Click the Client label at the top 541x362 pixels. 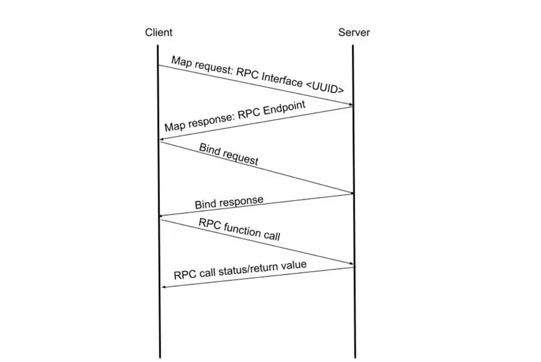[x=159, y=32]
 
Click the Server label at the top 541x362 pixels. [x=354, y=32]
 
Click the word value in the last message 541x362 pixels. [x=294, y=265]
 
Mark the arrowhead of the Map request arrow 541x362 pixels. [x=350, y=105]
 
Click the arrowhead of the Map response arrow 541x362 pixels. [x=163, y=139]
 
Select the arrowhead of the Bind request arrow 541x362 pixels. [x=350, y=193]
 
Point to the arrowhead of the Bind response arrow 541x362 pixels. [x=163, y=216]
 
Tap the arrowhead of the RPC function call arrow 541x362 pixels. [x=350, y=265]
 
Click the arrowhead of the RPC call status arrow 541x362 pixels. [x=164, y=286]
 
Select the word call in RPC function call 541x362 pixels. [x=271, y=236]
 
